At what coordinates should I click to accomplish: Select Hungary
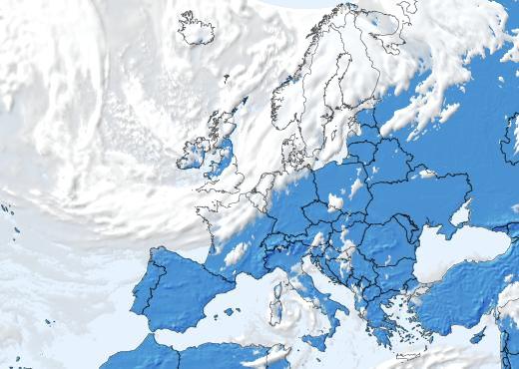[354, 237]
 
